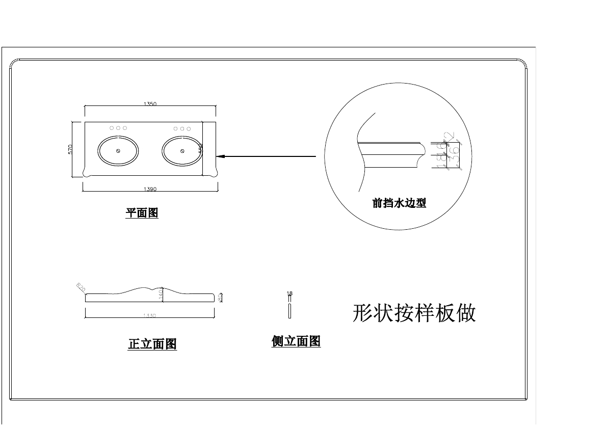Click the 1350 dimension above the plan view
pos(150,104)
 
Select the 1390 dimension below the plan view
pos(150,189)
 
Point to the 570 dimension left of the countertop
pos(71,149)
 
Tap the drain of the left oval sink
pos(118,151)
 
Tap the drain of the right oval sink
pos(182,151)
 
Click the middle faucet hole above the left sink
pos(118,128)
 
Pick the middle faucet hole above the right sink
pos(182,129)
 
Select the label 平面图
pos(142,213)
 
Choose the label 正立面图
pos(152,344)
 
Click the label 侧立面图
pos(296,341)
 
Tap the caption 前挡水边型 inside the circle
pos(399,203)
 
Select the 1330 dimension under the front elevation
pos(149,316)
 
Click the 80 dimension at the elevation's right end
pos(220,297)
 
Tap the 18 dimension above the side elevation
pos(289,293)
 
